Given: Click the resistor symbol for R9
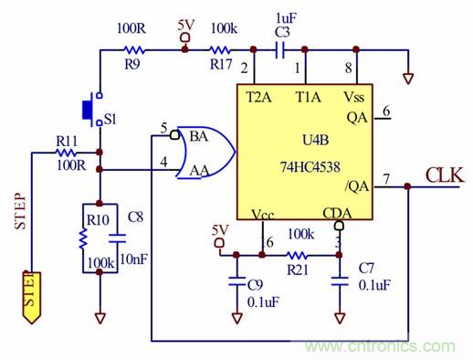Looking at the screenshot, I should pyautogui.click(x=134, y=50).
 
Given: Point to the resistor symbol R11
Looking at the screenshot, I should pyautogui.click(x=68, y=153).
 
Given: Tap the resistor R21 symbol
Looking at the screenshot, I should pyautogui.click(x=296, y=255).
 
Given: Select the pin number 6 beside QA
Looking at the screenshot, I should pyautogui.click(x=386, y=111).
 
